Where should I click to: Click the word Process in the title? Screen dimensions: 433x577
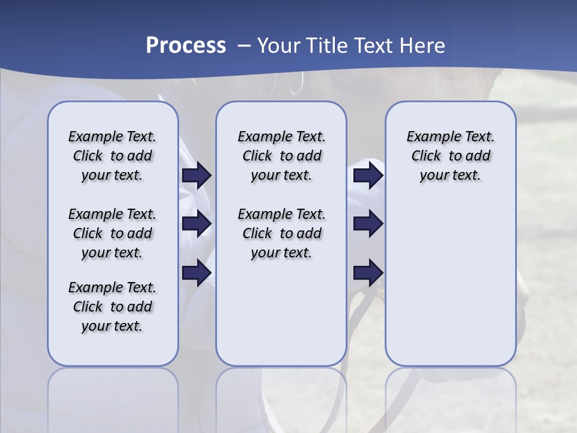pos(186,46)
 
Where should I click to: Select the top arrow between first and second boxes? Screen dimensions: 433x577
pos(197,176)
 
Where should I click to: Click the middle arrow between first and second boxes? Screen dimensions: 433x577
pos(197,224)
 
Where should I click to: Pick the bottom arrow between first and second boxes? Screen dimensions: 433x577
pos(197,272)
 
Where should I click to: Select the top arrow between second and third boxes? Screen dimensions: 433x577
pos(368,176)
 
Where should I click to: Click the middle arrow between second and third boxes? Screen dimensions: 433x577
pos(368,224)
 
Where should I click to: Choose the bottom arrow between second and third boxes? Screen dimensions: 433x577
pos(368,272)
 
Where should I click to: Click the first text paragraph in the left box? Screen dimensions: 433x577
pos(112,156)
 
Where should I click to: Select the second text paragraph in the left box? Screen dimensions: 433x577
pos(112,233)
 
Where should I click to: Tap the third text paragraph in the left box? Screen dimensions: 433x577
pos(112,307)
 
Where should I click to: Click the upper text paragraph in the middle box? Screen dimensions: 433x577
pos(281,156)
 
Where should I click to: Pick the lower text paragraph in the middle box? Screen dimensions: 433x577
pos(281,233)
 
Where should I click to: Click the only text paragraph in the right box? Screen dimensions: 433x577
pos(450,156)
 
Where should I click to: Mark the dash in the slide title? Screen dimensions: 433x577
pos(244,46)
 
